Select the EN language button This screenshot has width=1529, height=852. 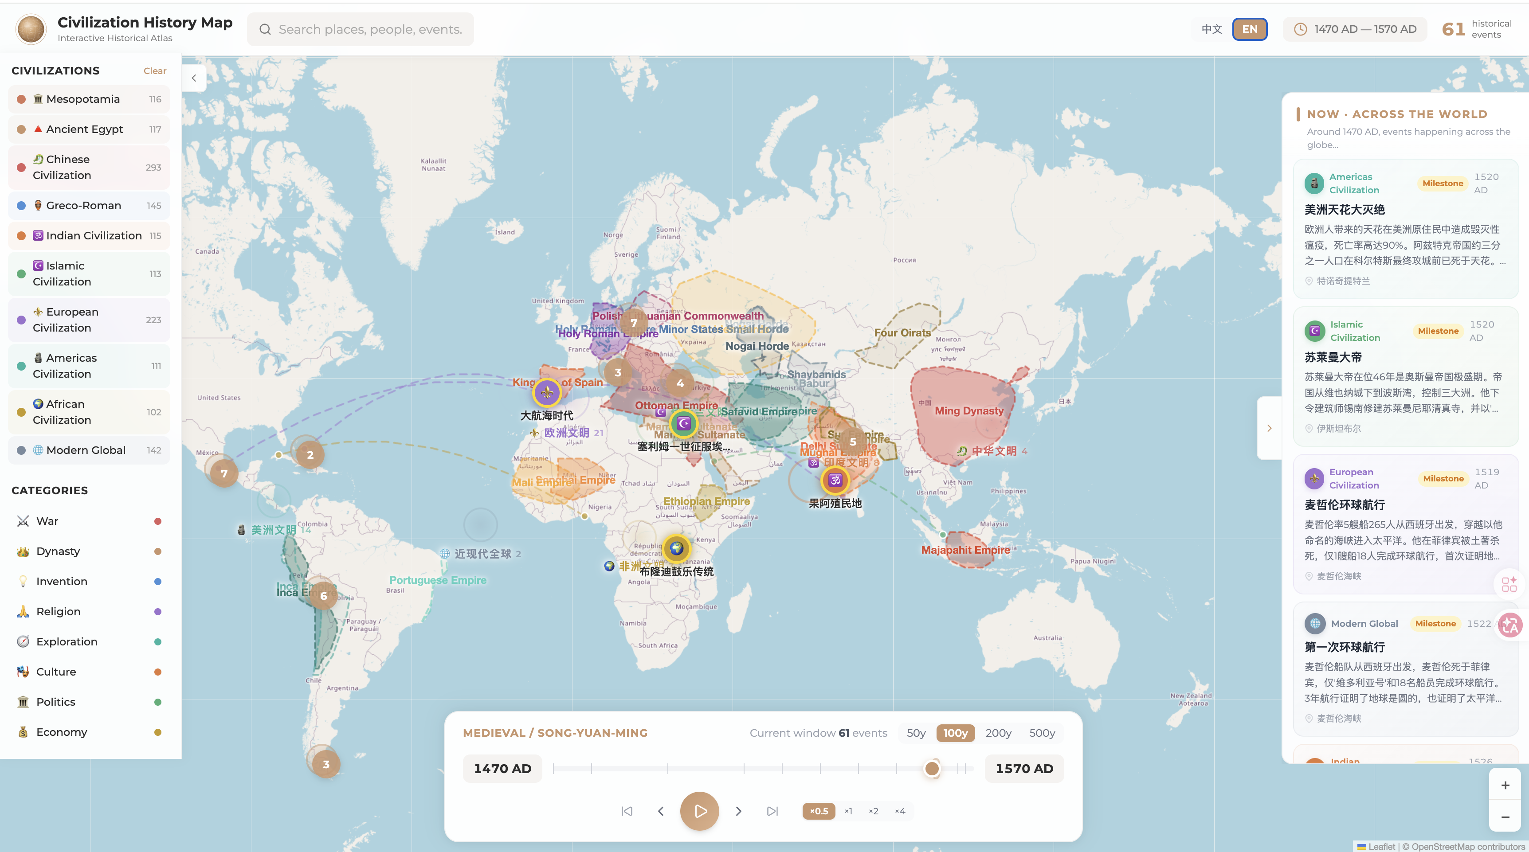pos(1250,29)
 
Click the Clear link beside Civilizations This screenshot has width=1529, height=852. pos(154,70)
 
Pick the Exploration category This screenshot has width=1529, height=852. pos(67,641)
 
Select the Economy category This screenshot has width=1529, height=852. pos(61,731)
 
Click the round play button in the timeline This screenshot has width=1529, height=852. pos(699,810)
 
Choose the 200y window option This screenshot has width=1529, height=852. pos(998,733)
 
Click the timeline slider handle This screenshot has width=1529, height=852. pos(932,768)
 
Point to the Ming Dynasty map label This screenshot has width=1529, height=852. pos(968,410)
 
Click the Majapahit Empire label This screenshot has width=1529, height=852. pos(965,549)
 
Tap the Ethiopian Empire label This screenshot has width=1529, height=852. pos(706,501)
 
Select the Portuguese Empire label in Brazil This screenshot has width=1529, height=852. pos(437,580)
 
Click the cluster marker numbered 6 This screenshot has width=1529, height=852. pos(323,595)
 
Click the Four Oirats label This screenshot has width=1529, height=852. pos(902,333)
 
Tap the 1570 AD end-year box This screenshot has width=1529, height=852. pos(1024,768)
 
